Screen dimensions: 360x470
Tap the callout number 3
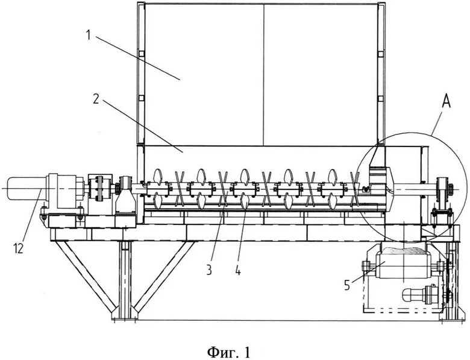click(x=208, y=270)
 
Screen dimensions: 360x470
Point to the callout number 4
click(x=237, y=271)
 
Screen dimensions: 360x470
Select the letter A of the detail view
click(x=446, y=103)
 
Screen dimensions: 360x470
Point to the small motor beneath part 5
click(x=422, y=294)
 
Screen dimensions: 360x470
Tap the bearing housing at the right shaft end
click(x=442, y=192)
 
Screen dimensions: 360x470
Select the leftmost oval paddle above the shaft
click(x=158, y=175)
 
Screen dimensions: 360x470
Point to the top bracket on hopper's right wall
click(x=381, y=54)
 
